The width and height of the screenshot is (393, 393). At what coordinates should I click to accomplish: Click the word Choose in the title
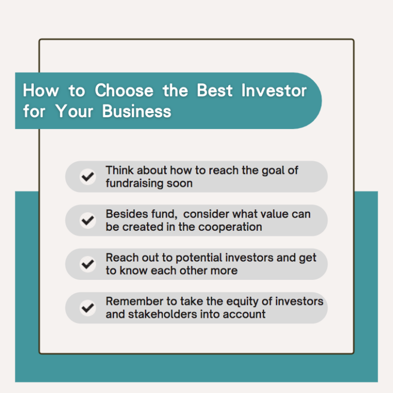124,90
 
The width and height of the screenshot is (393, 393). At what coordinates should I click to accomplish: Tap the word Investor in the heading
274,90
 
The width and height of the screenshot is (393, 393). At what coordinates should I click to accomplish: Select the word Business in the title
137,111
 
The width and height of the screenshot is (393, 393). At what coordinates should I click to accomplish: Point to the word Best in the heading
215,90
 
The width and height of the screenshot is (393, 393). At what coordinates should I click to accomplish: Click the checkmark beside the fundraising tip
88,177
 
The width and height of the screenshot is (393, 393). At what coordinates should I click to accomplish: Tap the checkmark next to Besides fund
88,221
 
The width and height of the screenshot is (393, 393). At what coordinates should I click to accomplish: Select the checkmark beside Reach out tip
88,264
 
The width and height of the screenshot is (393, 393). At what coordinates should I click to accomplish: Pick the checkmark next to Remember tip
88,308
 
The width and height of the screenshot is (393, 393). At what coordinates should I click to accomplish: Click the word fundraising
134,184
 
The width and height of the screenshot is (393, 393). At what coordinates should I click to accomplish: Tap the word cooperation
230,227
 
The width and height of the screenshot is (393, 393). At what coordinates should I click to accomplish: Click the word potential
199,258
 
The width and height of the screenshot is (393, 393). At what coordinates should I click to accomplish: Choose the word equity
240,302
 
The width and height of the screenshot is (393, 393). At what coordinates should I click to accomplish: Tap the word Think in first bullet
120,170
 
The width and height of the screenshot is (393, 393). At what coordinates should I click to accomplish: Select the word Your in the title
74,111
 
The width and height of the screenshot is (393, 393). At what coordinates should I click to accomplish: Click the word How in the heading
41,90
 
